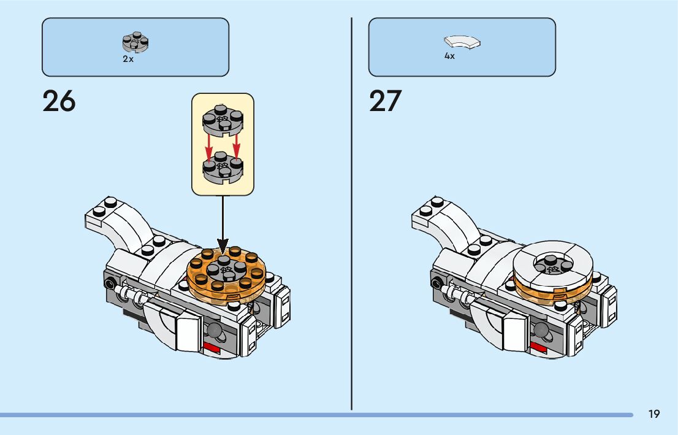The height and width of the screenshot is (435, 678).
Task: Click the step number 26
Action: coord(59,102)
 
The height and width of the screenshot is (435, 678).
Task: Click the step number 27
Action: coord(385,102)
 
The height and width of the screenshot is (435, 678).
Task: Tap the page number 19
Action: coord(654,415)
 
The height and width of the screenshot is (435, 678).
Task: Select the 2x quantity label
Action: coord(128,60)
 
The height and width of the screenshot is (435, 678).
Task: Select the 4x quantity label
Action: coord(449,56)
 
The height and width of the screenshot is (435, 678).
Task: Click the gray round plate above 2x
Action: coord(136,43)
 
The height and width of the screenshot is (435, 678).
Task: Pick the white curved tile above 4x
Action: coord(462,42)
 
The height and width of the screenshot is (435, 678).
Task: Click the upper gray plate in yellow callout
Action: coord(222,120)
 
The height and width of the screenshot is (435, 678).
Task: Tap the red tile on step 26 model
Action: coord(212,350)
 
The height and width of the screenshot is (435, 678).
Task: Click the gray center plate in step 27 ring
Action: coord(552,265)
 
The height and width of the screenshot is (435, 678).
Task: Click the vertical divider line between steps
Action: coord(352,215)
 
